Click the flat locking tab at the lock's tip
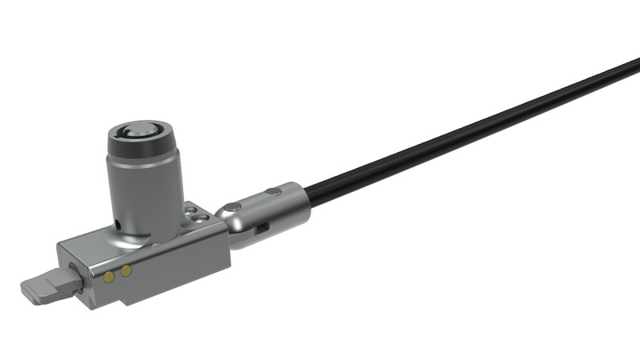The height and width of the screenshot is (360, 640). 42,287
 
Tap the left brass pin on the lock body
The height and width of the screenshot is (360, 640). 109,277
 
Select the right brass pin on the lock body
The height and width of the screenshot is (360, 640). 126,273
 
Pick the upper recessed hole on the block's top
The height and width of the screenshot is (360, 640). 190,209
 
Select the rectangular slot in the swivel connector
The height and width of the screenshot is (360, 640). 262,230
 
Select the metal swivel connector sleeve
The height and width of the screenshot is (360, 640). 272,210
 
